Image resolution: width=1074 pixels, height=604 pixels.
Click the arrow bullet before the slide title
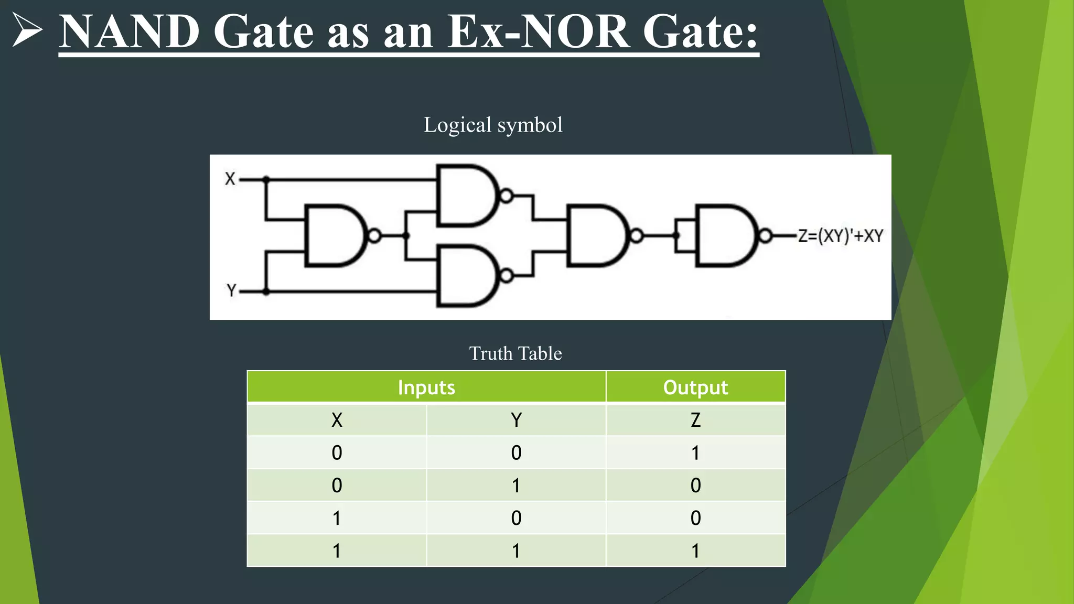coord(26,30)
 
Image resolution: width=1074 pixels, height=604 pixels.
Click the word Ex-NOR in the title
coord(538,31)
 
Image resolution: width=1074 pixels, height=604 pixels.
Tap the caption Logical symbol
coord(493,125)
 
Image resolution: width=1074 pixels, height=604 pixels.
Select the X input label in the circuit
coord(230,179)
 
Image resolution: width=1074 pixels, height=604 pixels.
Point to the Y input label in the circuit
coord(231,290)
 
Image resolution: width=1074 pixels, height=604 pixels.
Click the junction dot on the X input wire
coord(266,179)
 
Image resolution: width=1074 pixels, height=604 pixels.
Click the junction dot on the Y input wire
coord(266,291)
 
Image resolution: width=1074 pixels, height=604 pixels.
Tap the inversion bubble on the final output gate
coord(765,236)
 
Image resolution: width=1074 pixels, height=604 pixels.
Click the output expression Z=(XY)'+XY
coord(840,236)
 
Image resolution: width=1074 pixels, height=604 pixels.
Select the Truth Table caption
coord(515,353)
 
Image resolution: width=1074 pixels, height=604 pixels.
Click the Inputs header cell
coord(426,387)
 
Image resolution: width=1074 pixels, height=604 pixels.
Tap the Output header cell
coord(695,387)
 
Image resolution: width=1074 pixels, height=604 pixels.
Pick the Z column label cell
coord(695,420)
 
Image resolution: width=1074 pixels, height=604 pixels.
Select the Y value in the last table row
coord(516,551)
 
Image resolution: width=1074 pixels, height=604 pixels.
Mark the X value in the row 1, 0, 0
coord(337,518)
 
